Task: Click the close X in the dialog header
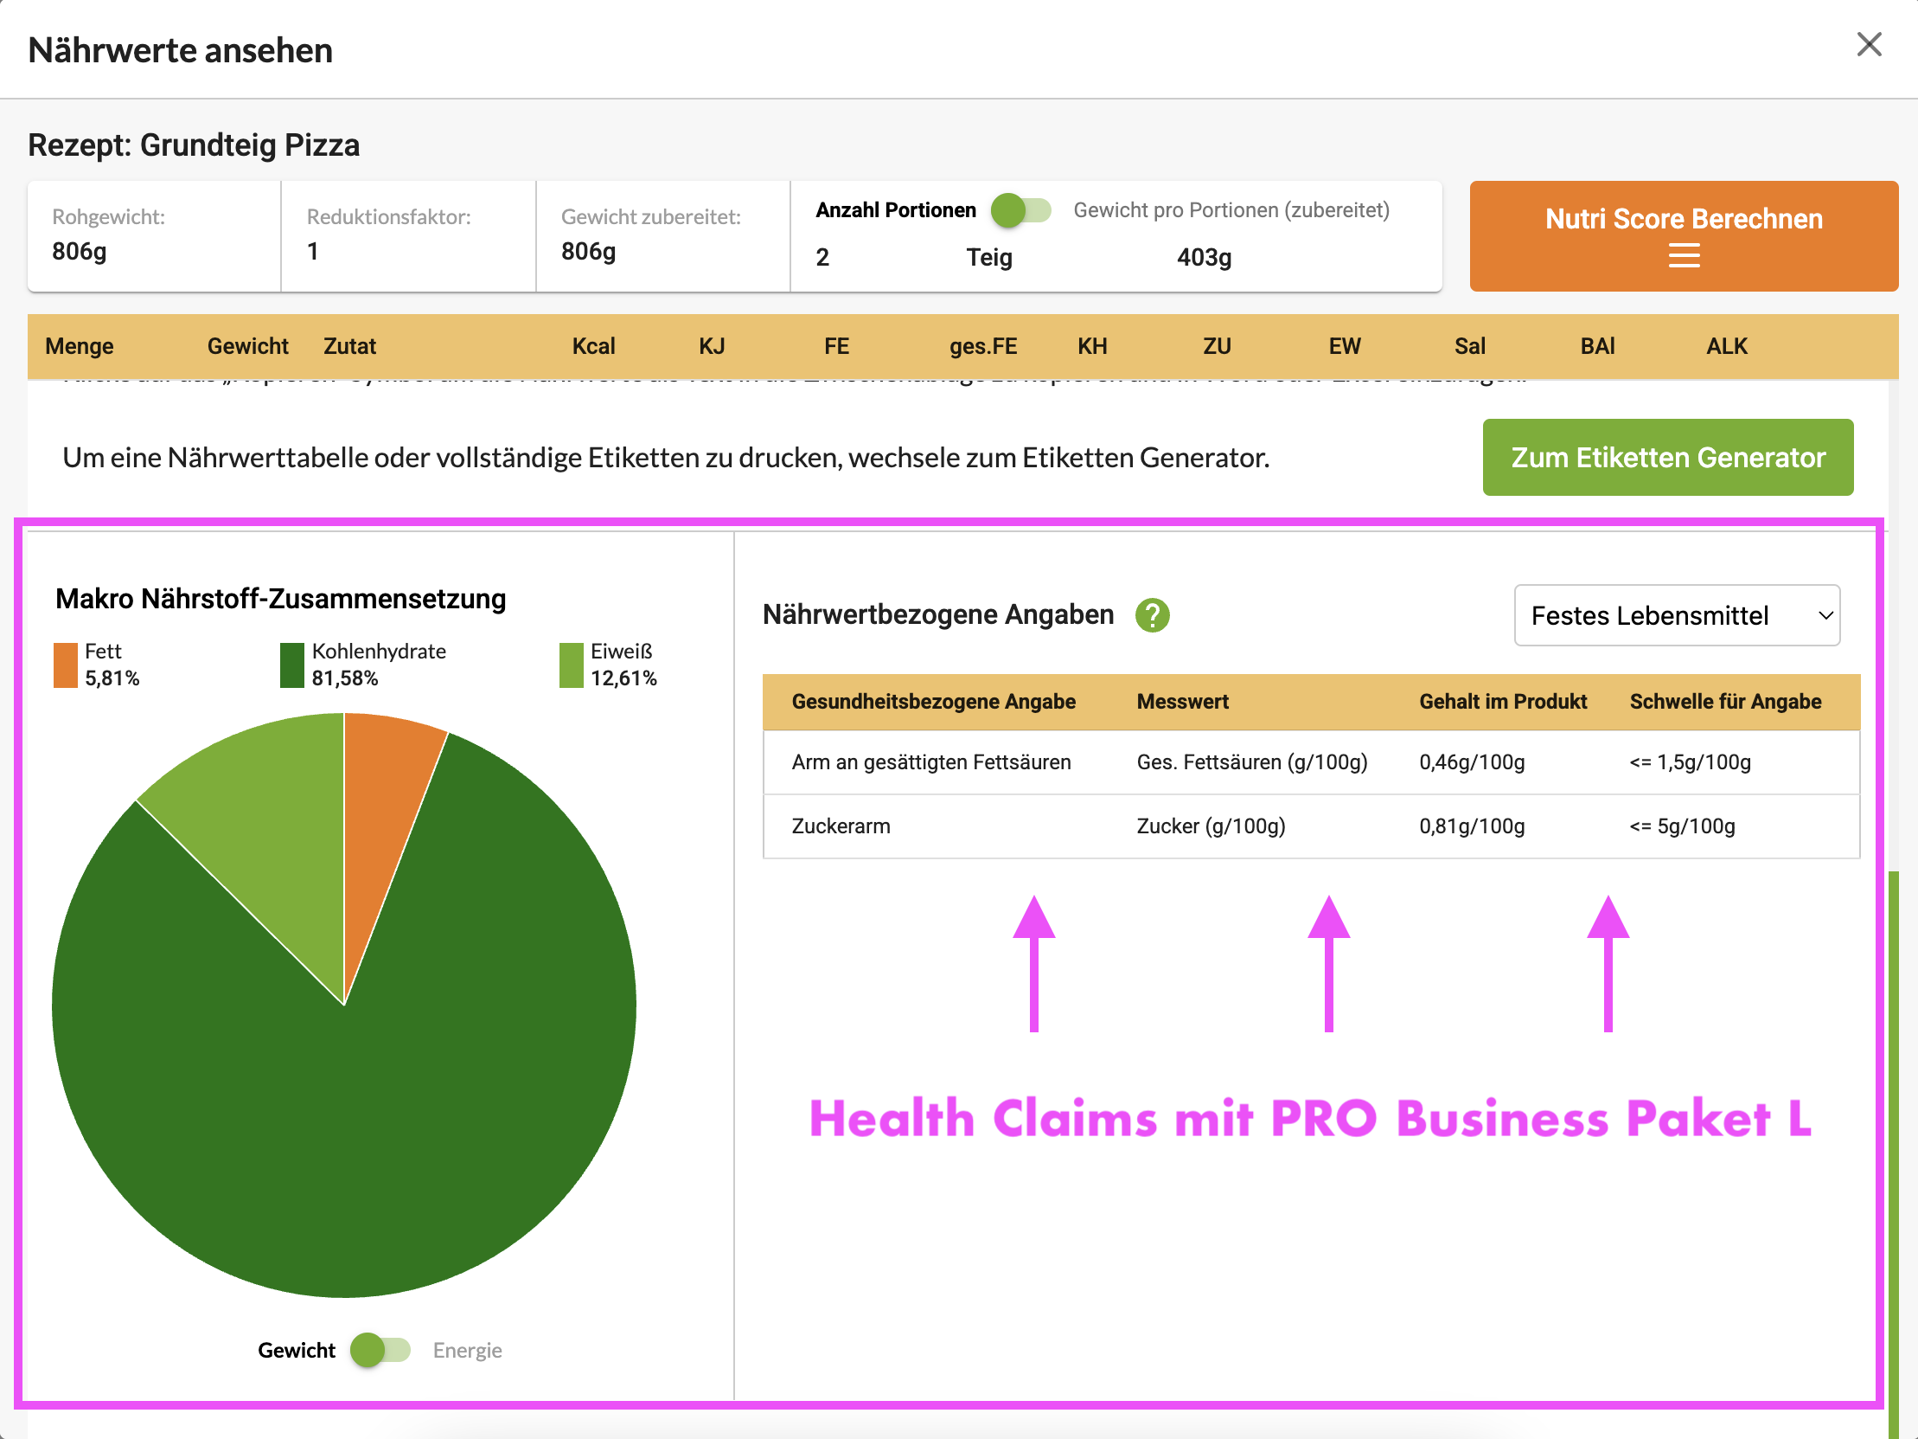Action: tap(1869, 44)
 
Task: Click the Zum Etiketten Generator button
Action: tap(1666, 457)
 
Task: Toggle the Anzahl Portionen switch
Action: tap(1020, 210)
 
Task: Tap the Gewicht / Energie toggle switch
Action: tap(380, 1350)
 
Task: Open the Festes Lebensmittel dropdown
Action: tap(1676, 615)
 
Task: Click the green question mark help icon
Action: tap(1152, 615)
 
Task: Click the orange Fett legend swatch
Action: tap(65, 665)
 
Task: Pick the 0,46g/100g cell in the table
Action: tap(1472, 762)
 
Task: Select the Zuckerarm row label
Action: tap(841, 826)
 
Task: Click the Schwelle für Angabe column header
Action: tap(1724, 702)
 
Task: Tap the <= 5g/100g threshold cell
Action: tap(1681, 826)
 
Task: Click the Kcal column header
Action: tap(593, 346)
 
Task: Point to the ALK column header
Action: tap(1725, 346)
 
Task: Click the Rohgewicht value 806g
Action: tap(79, 252)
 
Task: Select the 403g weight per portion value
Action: tap(1204, 258)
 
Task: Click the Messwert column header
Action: tap(1182, 702)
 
